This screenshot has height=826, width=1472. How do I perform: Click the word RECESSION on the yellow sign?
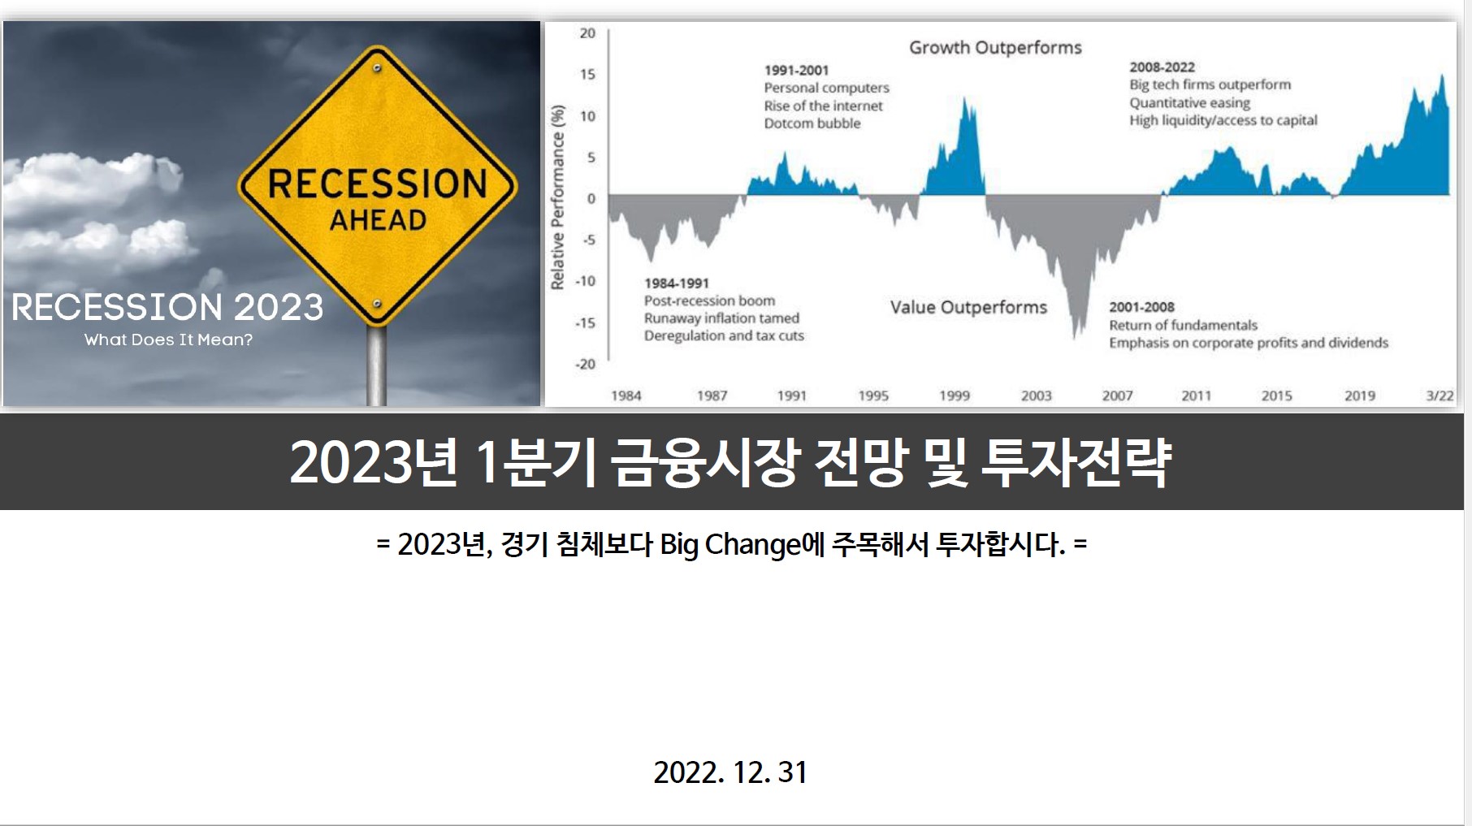(x=377, y=184)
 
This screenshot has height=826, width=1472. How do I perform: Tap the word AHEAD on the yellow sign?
(x=378, y=220)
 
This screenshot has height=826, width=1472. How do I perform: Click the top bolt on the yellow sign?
(x=377, y=68)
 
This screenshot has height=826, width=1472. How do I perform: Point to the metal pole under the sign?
(x=376, y=365)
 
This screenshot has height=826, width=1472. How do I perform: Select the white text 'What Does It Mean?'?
(x=168, y=339)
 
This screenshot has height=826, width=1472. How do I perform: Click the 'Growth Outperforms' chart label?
(x=995, y=48)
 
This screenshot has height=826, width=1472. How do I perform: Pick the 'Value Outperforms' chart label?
(x=968, y=307)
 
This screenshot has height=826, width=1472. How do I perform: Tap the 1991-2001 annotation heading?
(x=796, y=71)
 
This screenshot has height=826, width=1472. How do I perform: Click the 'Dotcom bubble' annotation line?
(x=812, y=123)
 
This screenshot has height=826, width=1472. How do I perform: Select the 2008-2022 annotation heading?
(x=1162, y=67)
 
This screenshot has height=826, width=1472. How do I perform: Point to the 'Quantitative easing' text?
(x=1190, y=103)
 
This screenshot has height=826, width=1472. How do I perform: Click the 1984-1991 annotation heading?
(x=677, y=283)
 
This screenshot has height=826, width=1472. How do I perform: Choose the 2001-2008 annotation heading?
(x=1142, y=307)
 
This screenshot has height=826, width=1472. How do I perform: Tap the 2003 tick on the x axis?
(x=1037, y=396)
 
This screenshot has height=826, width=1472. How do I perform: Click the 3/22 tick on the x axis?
(x=1440, y=396)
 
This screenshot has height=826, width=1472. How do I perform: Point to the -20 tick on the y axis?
(x=586, y=365)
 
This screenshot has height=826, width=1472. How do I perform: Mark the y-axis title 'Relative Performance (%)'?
(x=557, y=197)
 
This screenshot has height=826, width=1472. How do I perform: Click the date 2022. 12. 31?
(x=730, y=772)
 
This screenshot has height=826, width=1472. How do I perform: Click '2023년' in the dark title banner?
(x=374, y=462)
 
